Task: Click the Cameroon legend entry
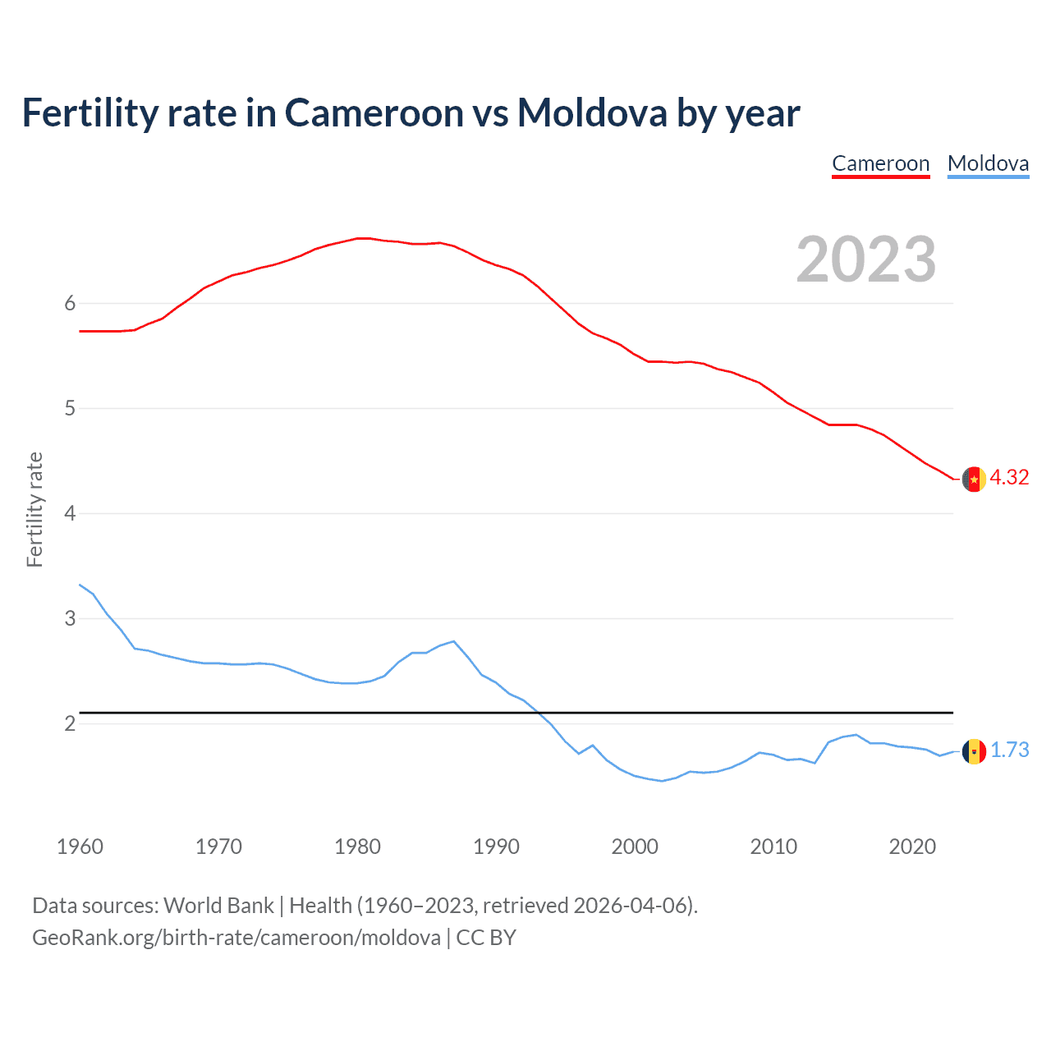880,163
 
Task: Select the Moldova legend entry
988,163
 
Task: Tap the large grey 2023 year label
866,259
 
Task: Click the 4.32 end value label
1009,477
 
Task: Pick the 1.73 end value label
1009,750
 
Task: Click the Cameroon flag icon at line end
974,479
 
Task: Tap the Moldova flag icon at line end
974,751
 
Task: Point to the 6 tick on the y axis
70,303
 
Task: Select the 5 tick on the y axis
70,408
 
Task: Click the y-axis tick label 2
70,723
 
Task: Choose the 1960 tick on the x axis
80,847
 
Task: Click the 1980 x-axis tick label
357,847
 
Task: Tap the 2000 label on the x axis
635,847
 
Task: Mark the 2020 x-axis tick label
912,847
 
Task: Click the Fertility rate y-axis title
34,509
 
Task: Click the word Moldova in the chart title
591,112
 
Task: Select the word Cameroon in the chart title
374,112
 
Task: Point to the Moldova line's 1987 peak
453,641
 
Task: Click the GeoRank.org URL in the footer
236,938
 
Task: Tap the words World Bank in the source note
218,906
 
